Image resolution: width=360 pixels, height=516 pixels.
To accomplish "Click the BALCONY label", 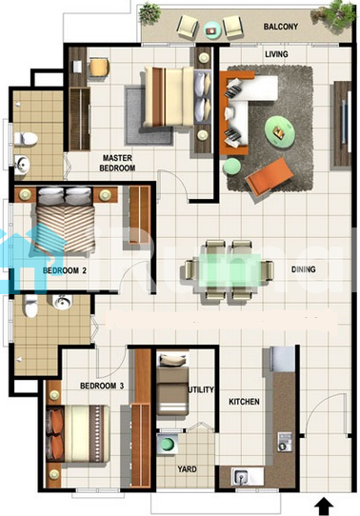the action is (280, 27).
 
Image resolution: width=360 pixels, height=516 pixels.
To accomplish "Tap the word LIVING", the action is (276, 54).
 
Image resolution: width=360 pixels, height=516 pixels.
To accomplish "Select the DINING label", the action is (304, 269).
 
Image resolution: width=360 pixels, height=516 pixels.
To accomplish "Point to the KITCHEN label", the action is (244, 402).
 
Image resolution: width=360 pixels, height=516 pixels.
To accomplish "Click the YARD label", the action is (188, 469).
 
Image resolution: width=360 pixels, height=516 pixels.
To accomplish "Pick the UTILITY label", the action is (201, 389).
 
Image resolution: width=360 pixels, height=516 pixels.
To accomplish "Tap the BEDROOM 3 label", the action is (102, 386).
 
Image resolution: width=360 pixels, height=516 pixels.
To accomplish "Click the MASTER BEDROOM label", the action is (117, 163).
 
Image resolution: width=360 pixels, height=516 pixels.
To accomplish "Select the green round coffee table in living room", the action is (280, 131).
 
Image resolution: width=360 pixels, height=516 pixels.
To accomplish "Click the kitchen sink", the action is (241, 476).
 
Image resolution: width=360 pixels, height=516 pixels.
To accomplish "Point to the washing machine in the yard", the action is (168, 444).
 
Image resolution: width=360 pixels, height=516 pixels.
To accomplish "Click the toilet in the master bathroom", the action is (26, 139).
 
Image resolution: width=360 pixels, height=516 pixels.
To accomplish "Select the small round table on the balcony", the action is (210, 30).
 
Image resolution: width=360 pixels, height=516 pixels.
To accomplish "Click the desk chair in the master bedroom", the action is (99, 68).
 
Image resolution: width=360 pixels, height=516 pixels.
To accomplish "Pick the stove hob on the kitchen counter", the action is (285, 442).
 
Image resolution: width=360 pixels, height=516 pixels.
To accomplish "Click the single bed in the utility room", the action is (172, 385).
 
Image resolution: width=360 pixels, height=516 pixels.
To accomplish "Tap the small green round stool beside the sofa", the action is (232, 167).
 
